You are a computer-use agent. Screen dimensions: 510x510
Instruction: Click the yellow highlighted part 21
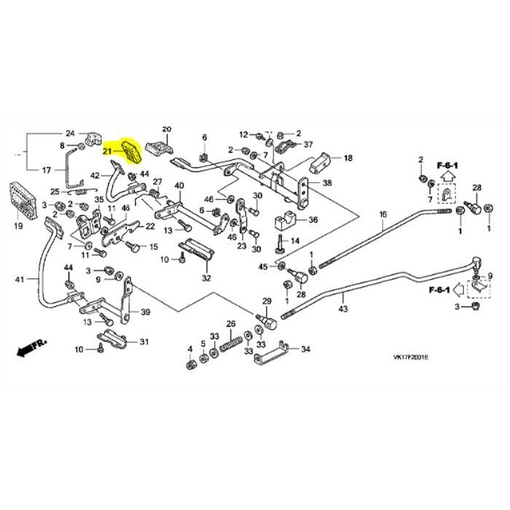pyautogui.click(x=131, y=152)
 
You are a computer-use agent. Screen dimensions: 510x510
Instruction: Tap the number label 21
pyautogui.click(x=108, y=151)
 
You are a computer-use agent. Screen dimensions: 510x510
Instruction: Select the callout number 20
pyautogui.click(x=167, y=129)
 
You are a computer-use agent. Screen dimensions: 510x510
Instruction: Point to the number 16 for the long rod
pyautogui.click(x=382, y=215)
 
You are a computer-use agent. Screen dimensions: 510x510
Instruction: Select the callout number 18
pyautogui.click(x=348, y=158)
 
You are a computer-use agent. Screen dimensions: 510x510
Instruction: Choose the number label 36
pyautogui.click(x=312, y=221)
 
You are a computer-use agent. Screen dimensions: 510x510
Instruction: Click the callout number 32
pyautogui.click(x=206, y=279)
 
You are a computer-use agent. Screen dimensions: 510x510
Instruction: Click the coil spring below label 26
pyautogui.click(x=231, y=342)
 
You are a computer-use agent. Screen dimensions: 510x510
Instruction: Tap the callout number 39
pyautogui.click(x=145, y=312)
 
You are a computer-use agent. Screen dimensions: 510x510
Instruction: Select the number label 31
pyautogui.click(x=144, y=342)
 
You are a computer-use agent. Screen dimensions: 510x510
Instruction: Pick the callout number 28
pyautogui.click(x=477, y=188)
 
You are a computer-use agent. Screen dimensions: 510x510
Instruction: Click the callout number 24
pyautogui.click(x=69, y=133)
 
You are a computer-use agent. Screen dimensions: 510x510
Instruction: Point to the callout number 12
pyautogui.click(x=242, y=133)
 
